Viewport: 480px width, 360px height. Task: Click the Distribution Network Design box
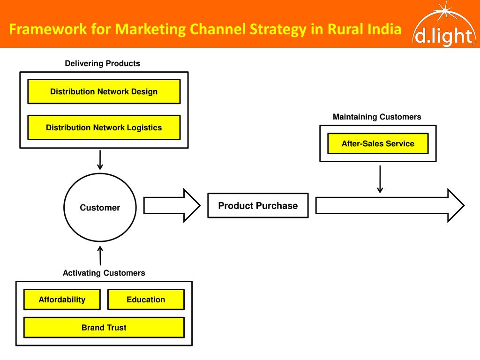click(104, 91)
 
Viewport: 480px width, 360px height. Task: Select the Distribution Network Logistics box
click(104, 127)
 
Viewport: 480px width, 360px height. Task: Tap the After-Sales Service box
click(378, 143)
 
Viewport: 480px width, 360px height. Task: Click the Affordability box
click(62, 300)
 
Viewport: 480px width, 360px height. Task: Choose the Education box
click(146, 300)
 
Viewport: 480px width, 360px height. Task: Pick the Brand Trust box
click(104, 328)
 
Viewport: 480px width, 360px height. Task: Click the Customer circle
click(100, 208)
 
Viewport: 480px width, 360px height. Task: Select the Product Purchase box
click(258, 206)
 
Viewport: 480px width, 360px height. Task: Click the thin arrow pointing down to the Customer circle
click(100, 160)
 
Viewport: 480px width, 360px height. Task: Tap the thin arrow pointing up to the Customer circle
click(100, 255)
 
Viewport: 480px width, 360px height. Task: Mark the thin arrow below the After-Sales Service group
click(380, 179)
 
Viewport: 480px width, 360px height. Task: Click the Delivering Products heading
click(102, 63)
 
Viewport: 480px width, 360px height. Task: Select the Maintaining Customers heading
click(377, 117)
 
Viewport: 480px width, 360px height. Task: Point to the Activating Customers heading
click(104, 273)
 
